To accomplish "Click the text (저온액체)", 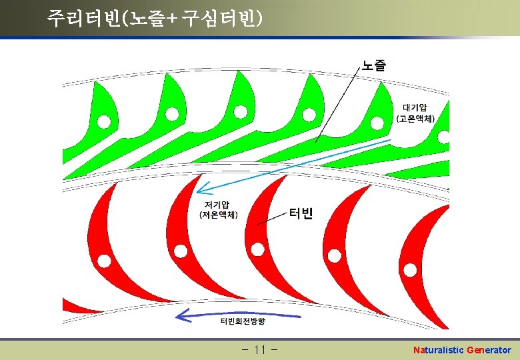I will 219,214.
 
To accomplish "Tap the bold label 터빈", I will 301,213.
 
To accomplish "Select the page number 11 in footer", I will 261,350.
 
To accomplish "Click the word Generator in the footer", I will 489,350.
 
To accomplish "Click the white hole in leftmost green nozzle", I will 104,121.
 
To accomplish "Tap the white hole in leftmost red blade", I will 103,259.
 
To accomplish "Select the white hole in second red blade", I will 181,251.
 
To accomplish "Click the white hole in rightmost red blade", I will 410,269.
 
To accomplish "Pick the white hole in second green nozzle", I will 171,114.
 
